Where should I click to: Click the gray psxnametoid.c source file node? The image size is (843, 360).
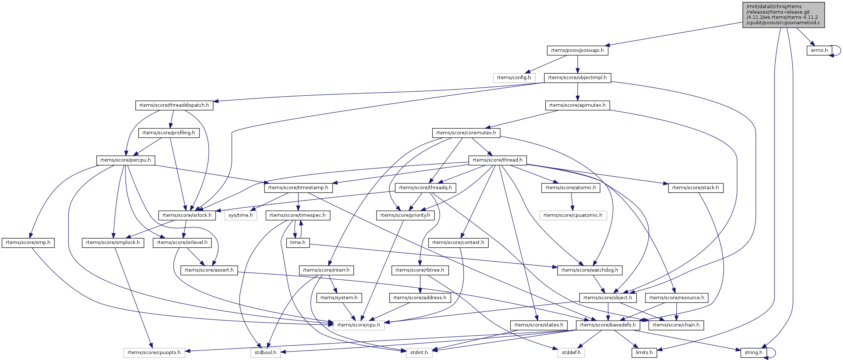pyautogui.click(x=783, y=15)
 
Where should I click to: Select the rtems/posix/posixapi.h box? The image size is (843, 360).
pyautogui.click(x=577, y=50)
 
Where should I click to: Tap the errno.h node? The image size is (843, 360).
pyautogui.click(x=819, y=50)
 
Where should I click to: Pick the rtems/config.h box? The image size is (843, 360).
pyautogui.click(x=514, y=78)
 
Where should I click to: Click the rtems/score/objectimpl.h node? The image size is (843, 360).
pyautogui.click(x=577, y=78)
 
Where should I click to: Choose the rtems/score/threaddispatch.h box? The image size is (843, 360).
pyautogui.click(x=174, y=105)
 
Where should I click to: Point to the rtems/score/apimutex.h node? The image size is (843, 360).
pyautogui.click(x=577, y=105)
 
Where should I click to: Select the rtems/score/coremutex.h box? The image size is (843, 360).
pyautogui.click(x=466, y=133)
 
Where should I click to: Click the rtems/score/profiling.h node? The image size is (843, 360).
pyautogui.click(x=169, y=133)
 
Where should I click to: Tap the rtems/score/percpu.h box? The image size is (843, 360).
pyautogui.click(x=125, y=160)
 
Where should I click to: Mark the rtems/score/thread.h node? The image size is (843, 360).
pyautogui.click(x=497, y=160)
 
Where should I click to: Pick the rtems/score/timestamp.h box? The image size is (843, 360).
pyautogui.click(x=298, y=188)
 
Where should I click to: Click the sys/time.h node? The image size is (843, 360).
pyautogui.click(x=241, y=215)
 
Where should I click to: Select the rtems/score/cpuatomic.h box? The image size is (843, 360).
pyautogui.click(x=573, y=215)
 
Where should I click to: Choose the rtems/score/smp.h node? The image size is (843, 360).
pyautogui.click(x=28, y=243)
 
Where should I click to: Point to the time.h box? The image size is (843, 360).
pyautogui.click(x=298, y=243)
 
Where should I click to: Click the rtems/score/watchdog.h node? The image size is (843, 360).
pyautogui.click(x=590, y=270)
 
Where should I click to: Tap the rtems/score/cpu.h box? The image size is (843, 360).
pyautogui.click(x=359, y=325)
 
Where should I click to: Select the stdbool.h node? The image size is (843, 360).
pyautogui.click(x=266, y=353)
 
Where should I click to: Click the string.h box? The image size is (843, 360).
pyautogui.click(x=754, y=353)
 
